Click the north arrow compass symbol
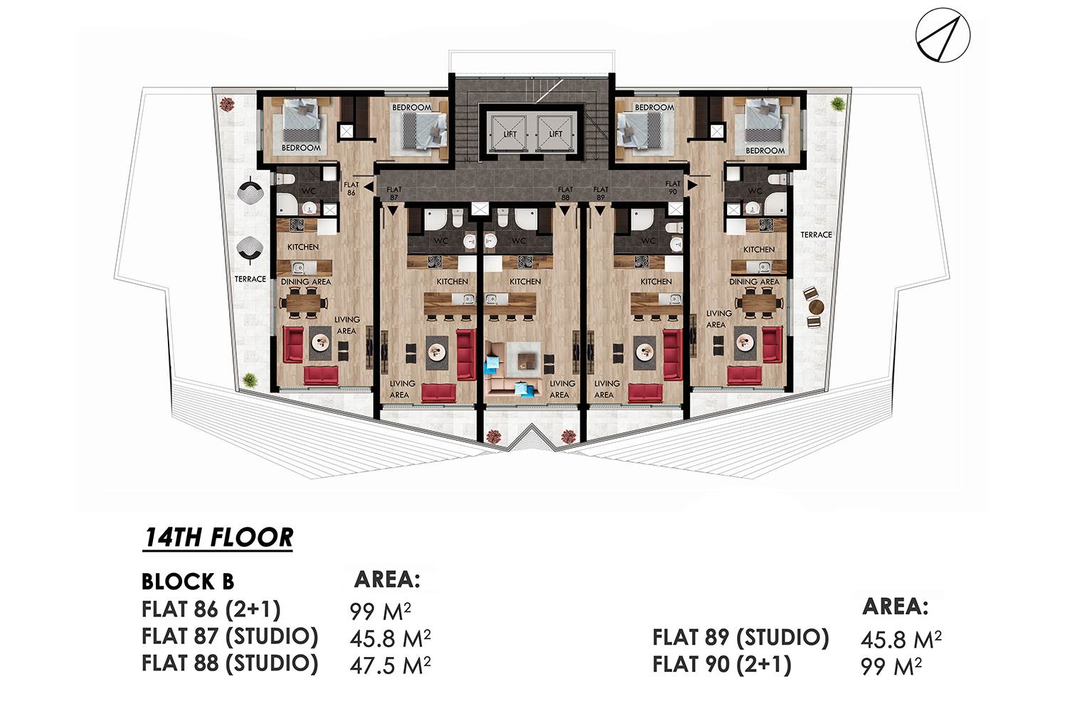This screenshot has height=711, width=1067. click(x=943, y=35)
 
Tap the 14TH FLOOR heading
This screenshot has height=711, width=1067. click(x=218, y=538)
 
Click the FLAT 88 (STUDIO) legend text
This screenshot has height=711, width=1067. click(x=230, y=663)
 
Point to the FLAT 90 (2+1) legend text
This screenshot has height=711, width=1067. click(x=722, y=664)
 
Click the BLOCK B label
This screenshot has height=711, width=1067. click(x=188, y=582)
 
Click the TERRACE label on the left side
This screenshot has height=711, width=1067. click(x=250, y=279)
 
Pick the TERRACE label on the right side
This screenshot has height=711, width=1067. click(x=816, y=235)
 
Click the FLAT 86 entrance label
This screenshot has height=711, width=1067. click(x=351, y=188)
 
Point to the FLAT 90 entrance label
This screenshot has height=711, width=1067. click(x=673, y=187)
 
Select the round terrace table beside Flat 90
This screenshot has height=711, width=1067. click(x=815, y=306)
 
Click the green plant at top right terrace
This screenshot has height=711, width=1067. click(x=837, y=103)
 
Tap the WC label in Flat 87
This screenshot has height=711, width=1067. click(x=440, y=241)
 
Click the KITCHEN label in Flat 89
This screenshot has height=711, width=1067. click(x=656, y=282)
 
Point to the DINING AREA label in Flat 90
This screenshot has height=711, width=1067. click(x=754, y=282)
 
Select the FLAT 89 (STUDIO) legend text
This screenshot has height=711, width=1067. click(x=740, y=638)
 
